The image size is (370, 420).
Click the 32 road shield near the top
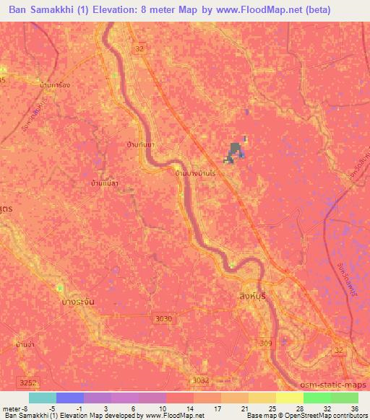click(x=139, y=48)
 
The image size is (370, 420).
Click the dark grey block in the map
click(x=234, y=151)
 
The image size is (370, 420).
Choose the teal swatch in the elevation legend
click(x=42, y=398)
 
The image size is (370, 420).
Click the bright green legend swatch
click(x=317, y=398)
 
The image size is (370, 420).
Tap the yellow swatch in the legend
click(x=262, y=398)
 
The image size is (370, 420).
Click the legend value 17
click(x=216, y=408)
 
